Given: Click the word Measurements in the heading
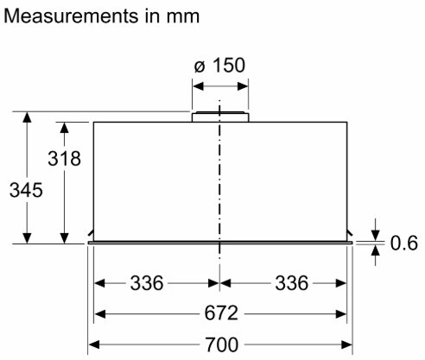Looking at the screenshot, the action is click(x=71, y=16).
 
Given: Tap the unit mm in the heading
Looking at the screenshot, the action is click(x=183, y=17).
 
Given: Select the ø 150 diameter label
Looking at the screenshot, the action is click(x=219, y=66).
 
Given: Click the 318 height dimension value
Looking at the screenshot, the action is click(x=64, y=158).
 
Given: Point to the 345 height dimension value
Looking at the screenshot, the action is click(x=26, y=190).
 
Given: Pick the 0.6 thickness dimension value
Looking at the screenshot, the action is click(x=404, y=243).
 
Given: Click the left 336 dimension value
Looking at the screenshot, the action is click(x=147, y=283).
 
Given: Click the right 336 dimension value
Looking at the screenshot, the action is click(x=292, y=283).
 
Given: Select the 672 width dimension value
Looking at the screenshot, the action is click(x=221, y=313).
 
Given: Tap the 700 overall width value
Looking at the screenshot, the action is click(x=221, y=344).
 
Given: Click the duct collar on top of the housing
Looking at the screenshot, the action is click(x=220, y=117).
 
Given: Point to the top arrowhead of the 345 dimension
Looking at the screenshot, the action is click(x=27, y=117).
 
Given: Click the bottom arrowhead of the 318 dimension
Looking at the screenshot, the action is click(x=64, y=238).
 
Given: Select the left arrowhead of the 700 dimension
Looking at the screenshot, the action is click(x=94, y=344).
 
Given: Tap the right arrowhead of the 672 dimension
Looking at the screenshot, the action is click(x=341, y=314).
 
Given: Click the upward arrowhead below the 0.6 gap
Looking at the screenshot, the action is click(x=375, y=251).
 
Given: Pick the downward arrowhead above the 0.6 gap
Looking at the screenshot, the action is click(x=375, y=235).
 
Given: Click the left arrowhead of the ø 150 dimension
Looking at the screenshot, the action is click(x=198, y=86).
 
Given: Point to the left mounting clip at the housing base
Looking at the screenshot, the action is click(x=91, y=232).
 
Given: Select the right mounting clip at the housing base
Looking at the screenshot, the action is click(x=350, y=232).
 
